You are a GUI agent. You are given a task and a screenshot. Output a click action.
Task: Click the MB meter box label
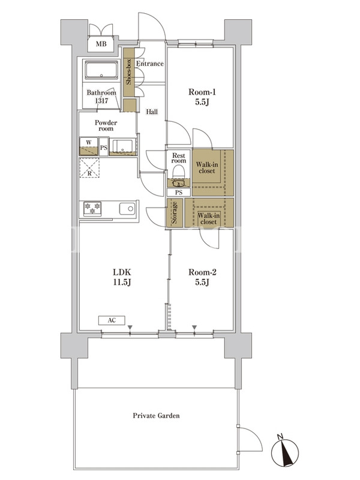(x=101, y=44)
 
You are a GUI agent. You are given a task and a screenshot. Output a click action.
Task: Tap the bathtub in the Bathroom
(x=101, y=70)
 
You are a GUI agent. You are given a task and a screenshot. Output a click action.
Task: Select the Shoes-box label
(x=128, y=71)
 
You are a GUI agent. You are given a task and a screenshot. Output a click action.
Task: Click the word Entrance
(x=149, y=64)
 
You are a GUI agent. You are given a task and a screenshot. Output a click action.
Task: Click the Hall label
(x=152, y=112)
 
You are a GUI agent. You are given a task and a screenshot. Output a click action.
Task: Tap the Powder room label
(x=106, y=125)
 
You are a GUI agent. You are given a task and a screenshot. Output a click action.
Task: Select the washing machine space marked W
(x=89, y=146)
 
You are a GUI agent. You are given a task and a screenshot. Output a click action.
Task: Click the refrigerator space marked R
(x=89, y=168)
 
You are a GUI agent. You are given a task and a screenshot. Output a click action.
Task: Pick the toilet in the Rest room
(x=179, y=172)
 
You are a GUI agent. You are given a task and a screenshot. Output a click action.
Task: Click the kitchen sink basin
(x=127, y=209)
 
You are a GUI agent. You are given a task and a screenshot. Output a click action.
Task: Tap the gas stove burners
(x=92, y=209)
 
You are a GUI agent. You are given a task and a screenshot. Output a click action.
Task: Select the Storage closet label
(x=175, y=212)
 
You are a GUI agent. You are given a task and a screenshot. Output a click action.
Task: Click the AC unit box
(x=112, y=320)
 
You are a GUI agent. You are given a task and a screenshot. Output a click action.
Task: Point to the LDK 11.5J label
(x=122, y=277)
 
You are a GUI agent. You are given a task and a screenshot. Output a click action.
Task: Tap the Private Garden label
(x=156, y=415)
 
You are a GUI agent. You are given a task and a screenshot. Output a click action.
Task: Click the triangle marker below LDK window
(x=130, y=328)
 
